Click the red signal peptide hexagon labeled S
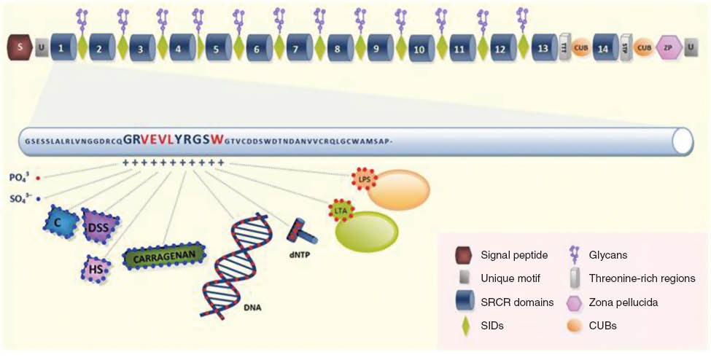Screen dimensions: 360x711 point(20,48)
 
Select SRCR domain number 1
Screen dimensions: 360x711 point(63,48)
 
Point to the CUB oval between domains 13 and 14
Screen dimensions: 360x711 point(581,48)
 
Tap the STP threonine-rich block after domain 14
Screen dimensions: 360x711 point(624,48)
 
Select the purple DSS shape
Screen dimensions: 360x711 point(100,227)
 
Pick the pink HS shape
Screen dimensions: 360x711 point(95,269)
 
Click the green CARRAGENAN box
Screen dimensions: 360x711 point(164,257)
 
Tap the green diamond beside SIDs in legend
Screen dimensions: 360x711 point(464,326)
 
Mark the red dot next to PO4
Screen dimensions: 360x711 point(38,177)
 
